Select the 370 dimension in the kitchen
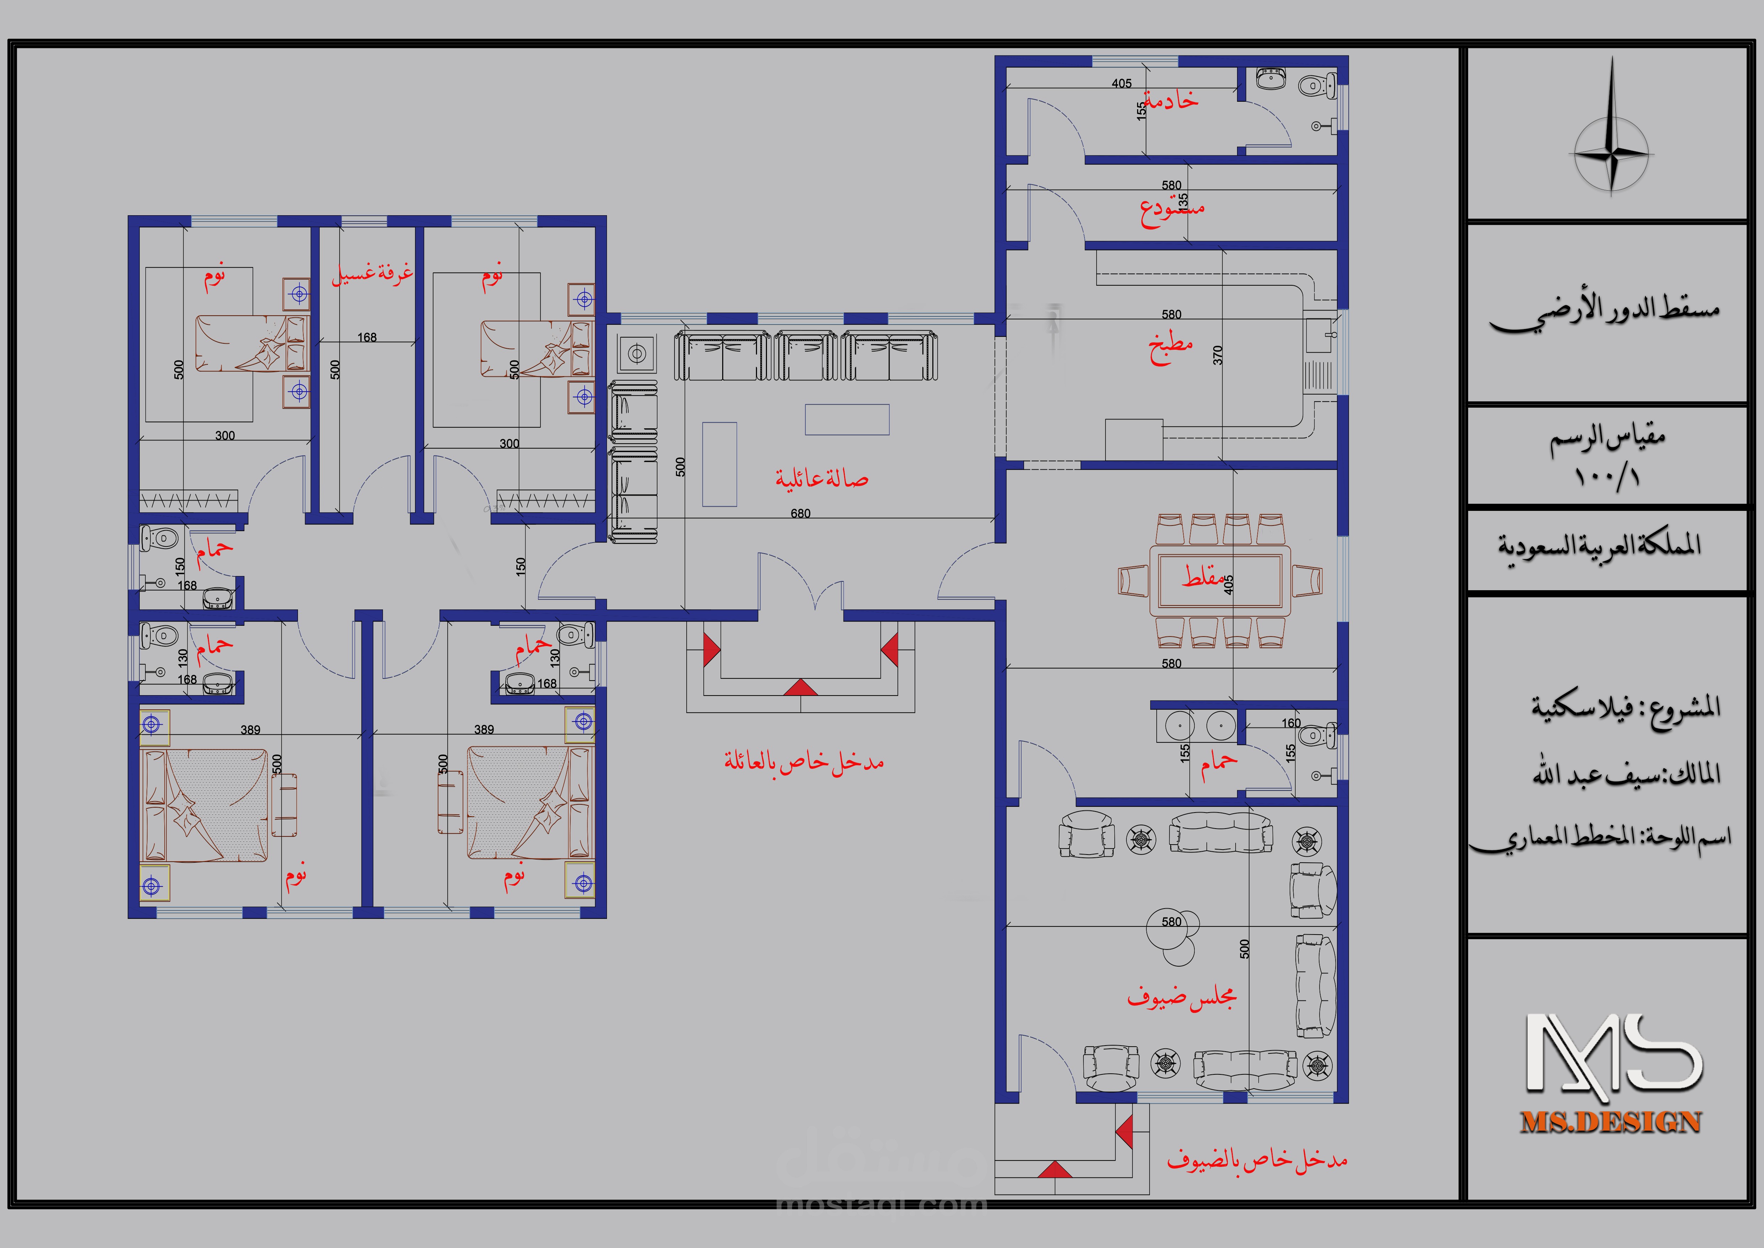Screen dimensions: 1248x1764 (x=1218, y=355)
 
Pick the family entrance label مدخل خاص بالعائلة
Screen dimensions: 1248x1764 (x=804, y=762)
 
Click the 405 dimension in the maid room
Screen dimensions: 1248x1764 (x=1122, y=83)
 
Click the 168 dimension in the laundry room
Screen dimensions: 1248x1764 (x=367, y=337)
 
